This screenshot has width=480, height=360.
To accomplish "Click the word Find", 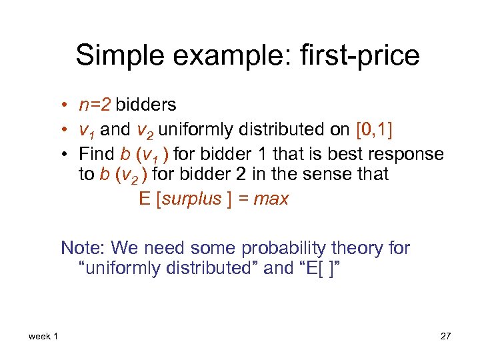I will point(97,154).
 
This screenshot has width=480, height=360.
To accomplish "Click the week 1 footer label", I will point(43,336).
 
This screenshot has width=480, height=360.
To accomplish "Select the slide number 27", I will point(445,336).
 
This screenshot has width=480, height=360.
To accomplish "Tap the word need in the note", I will point(166,248).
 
